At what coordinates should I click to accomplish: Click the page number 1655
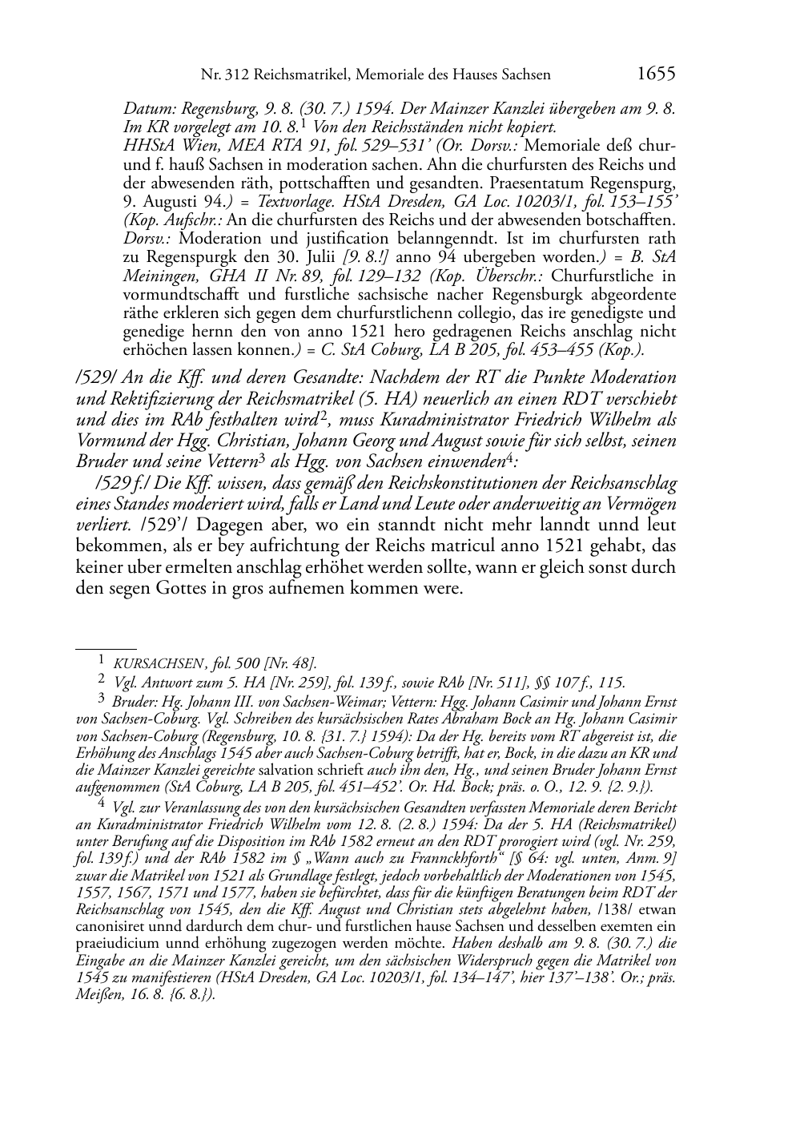pyautogui.click(x=655, y=74)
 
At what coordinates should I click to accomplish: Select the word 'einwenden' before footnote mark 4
pyautogui.click(x=468, y=462)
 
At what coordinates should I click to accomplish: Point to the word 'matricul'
pyautogui.click(x=448, y=546)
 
